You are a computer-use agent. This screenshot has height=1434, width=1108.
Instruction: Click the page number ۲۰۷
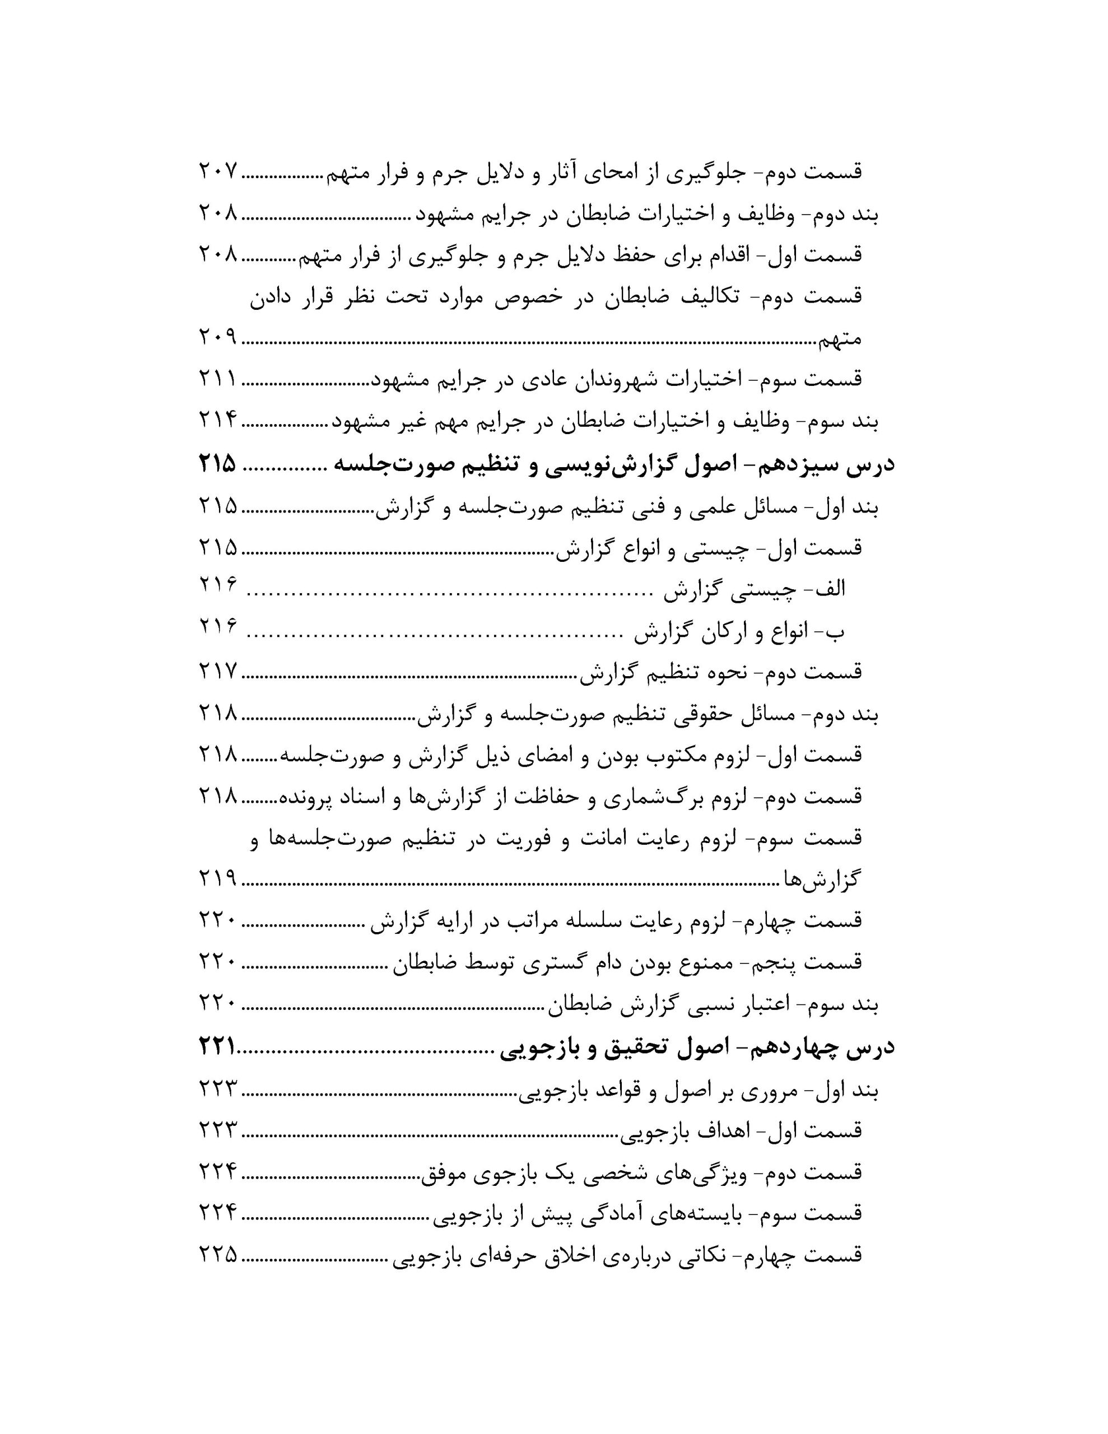pos(217,171)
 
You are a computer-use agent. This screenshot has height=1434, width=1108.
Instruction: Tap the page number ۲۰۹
pos(217,337)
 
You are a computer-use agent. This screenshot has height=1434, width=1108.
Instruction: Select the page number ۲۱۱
pos(217,378)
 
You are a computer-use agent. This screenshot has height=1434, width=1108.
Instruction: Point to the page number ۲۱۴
pos(217,420)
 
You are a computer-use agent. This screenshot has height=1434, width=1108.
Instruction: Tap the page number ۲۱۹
pos(217,878)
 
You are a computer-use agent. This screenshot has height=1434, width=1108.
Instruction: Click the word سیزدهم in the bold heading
pos(792,465)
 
